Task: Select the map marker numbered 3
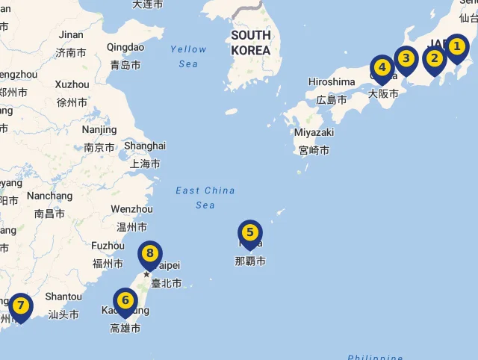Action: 406,59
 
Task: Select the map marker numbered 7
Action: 20,307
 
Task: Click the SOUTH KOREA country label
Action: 251,43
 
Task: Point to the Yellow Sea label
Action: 188,56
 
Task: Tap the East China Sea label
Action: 205,197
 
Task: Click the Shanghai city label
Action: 145,146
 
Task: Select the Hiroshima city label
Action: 331,81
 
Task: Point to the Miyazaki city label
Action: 314,132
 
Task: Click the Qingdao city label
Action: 125,47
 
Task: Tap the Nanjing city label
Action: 99,129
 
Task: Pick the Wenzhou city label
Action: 131,209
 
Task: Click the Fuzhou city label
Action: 108,245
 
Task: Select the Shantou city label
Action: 63,297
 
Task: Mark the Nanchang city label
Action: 49,196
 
